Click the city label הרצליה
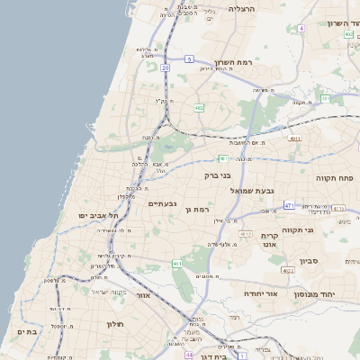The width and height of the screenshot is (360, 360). (242, 8)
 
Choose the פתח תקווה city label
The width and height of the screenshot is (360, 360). (336, 178)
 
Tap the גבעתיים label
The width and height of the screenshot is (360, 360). (161, 203)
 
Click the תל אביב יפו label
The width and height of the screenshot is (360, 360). (93, 216)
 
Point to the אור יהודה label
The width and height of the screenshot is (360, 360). (262, 294)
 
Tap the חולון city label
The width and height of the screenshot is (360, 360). (114, 324)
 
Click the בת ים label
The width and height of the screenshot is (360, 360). (25, 331)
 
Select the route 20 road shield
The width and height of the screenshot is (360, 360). (166, 67)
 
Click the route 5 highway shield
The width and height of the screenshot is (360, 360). (190, 59)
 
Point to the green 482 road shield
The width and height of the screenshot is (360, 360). (198, 107)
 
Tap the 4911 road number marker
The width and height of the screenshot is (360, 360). (294, 139)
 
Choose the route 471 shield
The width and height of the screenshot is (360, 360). (289, 206)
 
